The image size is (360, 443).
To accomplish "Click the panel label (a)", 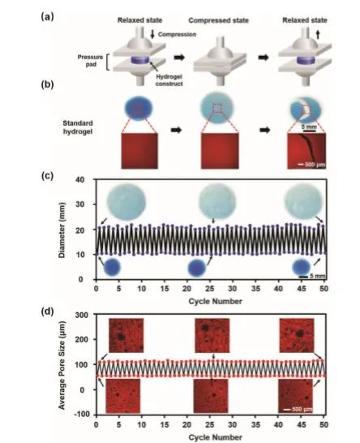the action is [x=47, y=17].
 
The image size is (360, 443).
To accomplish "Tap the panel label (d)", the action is [x=47, y=312].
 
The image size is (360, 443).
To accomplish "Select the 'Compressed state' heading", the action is [x=219, y=20].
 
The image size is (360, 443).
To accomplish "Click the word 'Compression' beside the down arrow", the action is [x=177, y=34].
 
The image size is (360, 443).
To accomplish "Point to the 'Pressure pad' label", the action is [x=90, y=61].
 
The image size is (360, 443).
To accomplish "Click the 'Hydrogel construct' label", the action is [x=169, y=80].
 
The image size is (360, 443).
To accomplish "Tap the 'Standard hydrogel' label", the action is [x=78, y=127].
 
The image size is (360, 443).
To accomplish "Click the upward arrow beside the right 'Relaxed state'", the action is [x=318, y=35].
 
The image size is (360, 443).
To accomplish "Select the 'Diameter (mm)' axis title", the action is [x=62, y=230].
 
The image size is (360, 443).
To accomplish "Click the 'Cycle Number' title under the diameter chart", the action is [x=215, y=302].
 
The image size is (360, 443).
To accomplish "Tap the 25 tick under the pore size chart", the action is [x=209, y=424].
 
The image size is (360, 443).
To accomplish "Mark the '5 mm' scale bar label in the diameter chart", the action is [x=318, y=276].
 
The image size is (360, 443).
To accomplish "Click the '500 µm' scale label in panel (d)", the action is [x=302, y=409].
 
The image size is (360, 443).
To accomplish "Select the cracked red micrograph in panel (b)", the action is [x=306, y=151].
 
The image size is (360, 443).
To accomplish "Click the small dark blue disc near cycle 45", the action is [x=302, y=267].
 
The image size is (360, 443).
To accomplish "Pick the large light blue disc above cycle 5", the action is [x=126, y=201].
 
